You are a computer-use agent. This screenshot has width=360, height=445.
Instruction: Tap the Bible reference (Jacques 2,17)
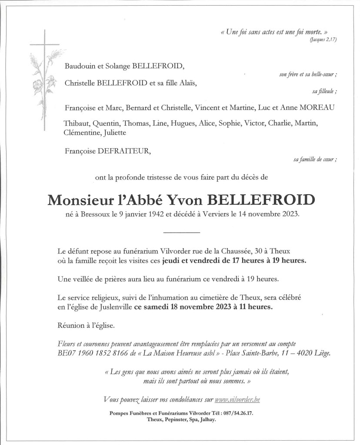point(323,40)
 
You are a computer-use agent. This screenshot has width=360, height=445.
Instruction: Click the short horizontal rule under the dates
point(181,232)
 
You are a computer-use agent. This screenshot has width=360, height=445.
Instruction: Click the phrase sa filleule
point(324,91)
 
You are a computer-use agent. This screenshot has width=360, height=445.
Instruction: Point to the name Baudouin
point(80,66)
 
